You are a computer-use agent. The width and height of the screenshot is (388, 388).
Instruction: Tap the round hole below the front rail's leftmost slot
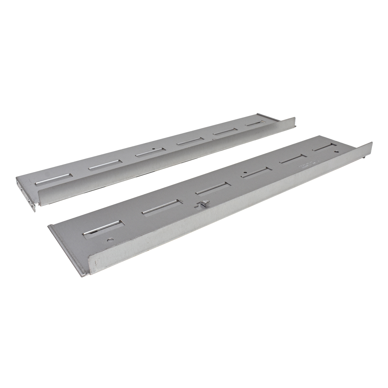[x=111, y=240]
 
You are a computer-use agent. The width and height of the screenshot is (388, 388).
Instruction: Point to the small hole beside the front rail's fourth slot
[x=245, y=172]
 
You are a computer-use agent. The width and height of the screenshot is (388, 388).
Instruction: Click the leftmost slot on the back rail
[x=53, y=179]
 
